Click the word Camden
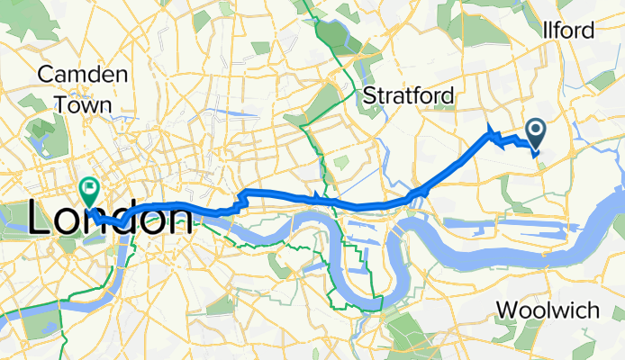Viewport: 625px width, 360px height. click(x=82, y=73)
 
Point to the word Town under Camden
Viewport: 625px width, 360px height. click(x=82, y=104)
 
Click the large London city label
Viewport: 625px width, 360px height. click(x=110, y=218)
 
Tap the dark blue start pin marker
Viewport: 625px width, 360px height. click(x=536, y=134)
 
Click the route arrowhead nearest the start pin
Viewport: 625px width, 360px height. click(x=492, y=134)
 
